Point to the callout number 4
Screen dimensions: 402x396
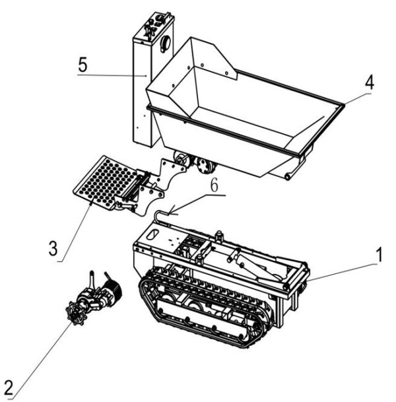(x=370, y=84)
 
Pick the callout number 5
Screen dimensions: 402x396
(x=82, y=67)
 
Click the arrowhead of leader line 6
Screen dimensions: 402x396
(x=170, y=213)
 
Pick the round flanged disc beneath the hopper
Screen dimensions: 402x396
(x=205, y=166)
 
